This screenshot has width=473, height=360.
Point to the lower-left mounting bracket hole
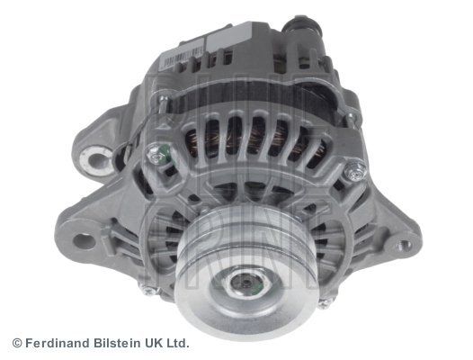[85, 240]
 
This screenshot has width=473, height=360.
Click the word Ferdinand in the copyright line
[60, 343]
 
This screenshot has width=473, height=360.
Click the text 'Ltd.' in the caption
[177, 343]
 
